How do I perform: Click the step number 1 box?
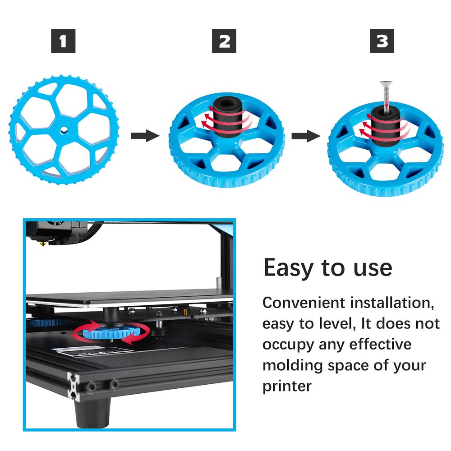click(63, 41)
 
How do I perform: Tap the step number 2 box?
click(225, 41)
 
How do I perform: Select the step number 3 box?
click(382, 41)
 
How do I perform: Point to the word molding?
click(291, 366)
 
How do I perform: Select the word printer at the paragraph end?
click(287, 387)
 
